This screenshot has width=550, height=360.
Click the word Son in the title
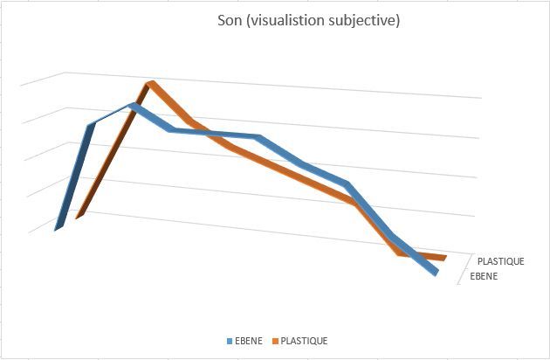(229, 21)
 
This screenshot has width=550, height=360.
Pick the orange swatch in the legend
(277, 341)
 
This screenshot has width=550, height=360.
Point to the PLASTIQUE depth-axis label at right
(500, 261)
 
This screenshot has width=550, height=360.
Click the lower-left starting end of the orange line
(79, 215)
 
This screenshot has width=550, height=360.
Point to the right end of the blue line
(434, 273)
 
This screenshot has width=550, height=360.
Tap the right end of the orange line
(444, 257)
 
